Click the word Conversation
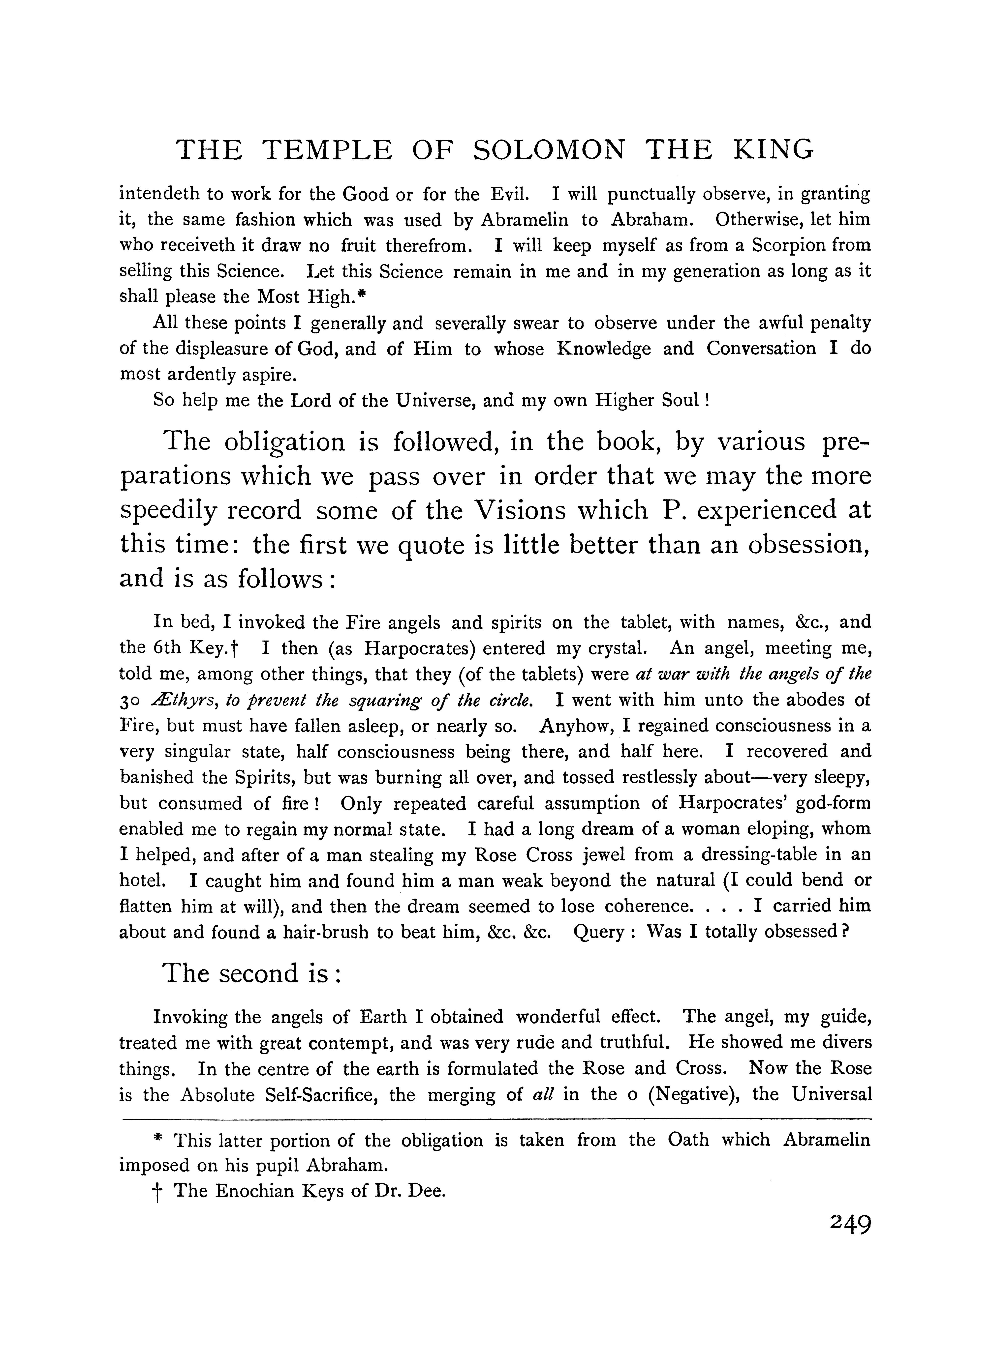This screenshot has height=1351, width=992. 761,349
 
